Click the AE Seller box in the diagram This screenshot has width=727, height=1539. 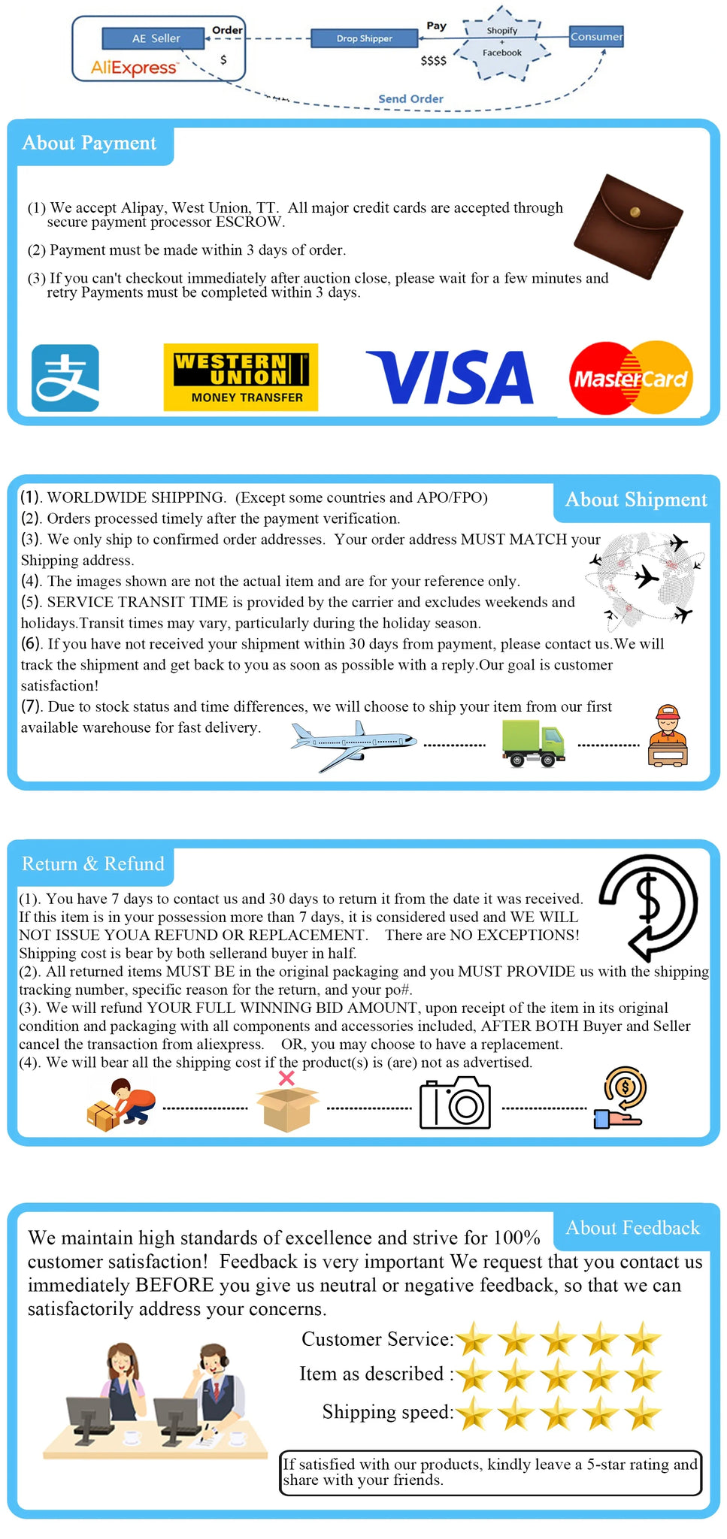(156, 38)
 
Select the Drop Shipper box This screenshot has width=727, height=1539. (364, 38)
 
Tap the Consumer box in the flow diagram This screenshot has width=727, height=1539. (596, 36)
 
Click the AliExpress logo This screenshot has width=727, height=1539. (135, 68)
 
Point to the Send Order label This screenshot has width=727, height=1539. (410, 98)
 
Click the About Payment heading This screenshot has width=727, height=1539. (89, 144)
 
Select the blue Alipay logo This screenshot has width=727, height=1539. (65, 377)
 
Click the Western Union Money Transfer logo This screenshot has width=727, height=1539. (241, 377)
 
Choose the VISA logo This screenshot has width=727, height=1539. (450, 377)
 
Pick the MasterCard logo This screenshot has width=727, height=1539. (630, 378)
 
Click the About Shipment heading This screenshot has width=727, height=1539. (636, 500)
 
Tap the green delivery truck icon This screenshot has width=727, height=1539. (533, 743)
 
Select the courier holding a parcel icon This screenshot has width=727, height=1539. (668, 736)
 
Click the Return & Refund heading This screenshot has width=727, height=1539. (92, 864)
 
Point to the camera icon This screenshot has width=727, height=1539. (455, 1103)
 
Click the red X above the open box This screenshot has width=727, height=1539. (286, 1078)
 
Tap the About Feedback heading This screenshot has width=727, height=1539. (632, 1228)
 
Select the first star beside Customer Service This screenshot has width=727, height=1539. (474, 1339)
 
